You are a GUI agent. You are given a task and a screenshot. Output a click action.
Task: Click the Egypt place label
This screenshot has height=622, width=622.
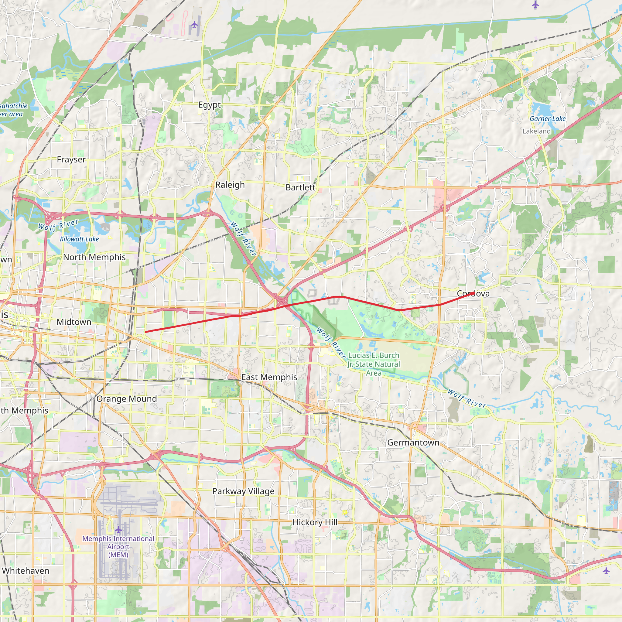coord(209,105)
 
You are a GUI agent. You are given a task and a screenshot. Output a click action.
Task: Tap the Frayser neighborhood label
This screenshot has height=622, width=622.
coord(71,160)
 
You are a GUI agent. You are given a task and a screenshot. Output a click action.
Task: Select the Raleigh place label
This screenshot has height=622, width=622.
coord(230,185)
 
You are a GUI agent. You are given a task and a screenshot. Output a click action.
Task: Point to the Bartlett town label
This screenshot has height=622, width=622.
coord(300,187)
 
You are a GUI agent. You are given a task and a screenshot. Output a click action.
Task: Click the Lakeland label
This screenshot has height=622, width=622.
coord(536,131)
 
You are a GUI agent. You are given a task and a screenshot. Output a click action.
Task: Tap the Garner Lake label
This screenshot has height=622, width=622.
coord(548,119)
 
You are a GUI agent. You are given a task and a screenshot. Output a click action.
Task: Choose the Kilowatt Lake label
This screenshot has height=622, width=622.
coord(79,239)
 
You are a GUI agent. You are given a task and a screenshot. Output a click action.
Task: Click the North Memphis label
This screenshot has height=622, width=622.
coord(94,257)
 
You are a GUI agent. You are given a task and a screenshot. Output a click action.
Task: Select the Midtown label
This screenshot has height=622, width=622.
coord(74,322)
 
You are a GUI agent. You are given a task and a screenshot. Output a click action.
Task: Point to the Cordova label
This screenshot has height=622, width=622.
coord(473,294)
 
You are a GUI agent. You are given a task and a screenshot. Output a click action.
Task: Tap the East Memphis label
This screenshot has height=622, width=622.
coord(269,377)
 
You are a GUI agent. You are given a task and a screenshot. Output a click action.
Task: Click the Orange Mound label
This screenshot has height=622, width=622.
coord(127,399)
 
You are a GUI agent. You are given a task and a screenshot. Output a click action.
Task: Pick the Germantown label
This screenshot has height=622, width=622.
coord(413,443)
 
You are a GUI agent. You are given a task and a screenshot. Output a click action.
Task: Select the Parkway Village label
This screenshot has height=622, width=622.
coord(243,491)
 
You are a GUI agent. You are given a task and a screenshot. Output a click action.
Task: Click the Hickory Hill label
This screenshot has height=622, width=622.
coord(315,522)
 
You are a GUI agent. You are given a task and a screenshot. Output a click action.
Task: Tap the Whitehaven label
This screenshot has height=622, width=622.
coord(26,571)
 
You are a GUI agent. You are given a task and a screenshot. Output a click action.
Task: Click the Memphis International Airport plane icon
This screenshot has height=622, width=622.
coord(118,529)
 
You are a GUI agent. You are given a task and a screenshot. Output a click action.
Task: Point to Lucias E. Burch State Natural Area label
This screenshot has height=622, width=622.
coord(374,364)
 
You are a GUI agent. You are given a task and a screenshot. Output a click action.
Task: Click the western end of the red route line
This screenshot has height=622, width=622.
coord(145,332)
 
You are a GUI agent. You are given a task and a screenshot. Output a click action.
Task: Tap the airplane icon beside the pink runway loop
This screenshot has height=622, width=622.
coord(194,25)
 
